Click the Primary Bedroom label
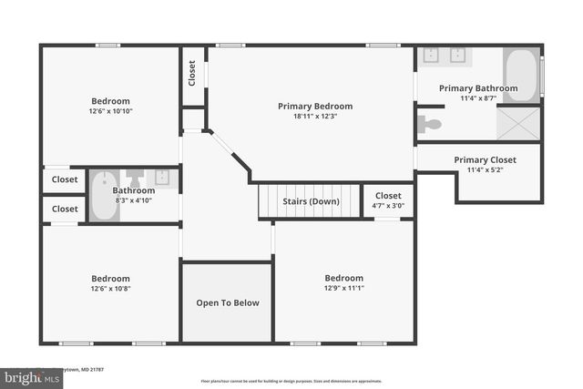tap(314, 107)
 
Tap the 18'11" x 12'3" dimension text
tap(314, 117)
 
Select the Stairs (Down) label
tap(311, 201)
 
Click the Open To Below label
tap(228, 303)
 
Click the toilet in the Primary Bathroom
tap(428, 124)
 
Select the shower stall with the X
tap(518, 123)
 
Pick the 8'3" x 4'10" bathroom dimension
tap(134, 200)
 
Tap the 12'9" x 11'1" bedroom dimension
tap(343, 288)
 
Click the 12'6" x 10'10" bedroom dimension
tap(110, 111)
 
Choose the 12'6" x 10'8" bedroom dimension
tap(110, 288)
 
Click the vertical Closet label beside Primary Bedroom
tap(192, 73)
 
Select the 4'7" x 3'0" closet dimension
tap(388, 205)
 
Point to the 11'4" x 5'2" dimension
tap(485, 169)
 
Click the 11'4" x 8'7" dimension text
tap(478, 98)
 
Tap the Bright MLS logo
tap(27, 375)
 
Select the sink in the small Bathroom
tap(162, 177)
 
